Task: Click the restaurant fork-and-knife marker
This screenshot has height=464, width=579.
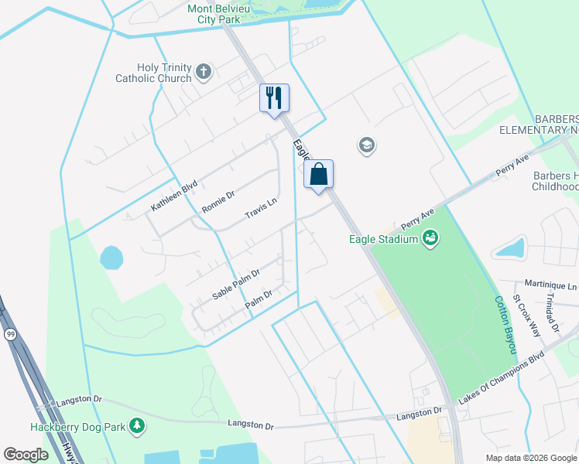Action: coord(274,98)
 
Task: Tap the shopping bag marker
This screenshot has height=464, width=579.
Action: coord(318,175)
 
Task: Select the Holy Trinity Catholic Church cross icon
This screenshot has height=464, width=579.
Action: coord(204,72)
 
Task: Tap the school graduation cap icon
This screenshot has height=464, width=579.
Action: coord(366,145)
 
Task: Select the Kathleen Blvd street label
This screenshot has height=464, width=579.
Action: coord(174,196)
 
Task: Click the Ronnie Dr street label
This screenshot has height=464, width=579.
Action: coord(218,202)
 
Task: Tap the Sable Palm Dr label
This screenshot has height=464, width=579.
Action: coord(235,285)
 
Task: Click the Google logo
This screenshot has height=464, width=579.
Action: coord(26,455)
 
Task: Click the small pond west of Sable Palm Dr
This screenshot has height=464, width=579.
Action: coord(111,258)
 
